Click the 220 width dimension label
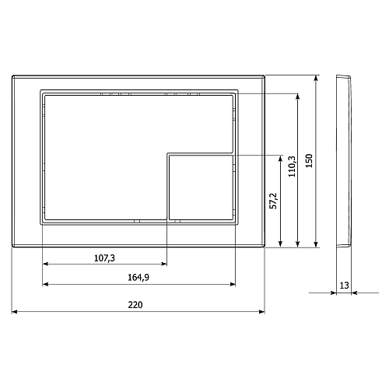[135, 305]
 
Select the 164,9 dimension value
[138, 278]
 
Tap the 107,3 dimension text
[104, 258]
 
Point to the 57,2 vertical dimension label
[273, 201]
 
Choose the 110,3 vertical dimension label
[292, 166]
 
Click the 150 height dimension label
[309, 161]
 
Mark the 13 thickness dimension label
[344, 286]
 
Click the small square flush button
[201, 187]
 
